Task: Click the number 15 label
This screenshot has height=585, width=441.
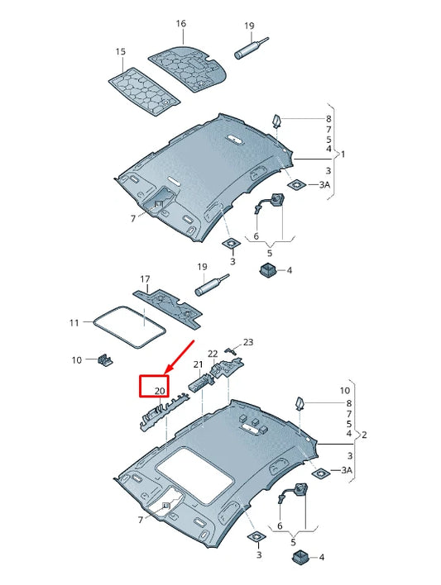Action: (121, 52)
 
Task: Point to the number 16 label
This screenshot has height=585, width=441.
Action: (180, 24)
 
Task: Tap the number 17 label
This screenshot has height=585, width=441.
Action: (145, 279)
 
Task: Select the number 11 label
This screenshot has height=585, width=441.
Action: (74, 322)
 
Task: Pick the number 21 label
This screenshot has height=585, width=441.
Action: (198, 364)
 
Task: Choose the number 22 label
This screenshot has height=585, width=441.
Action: (212, 354)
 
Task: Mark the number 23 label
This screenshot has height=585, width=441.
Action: (247, 341)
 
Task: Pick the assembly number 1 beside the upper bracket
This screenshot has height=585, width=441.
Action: (343, 155)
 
